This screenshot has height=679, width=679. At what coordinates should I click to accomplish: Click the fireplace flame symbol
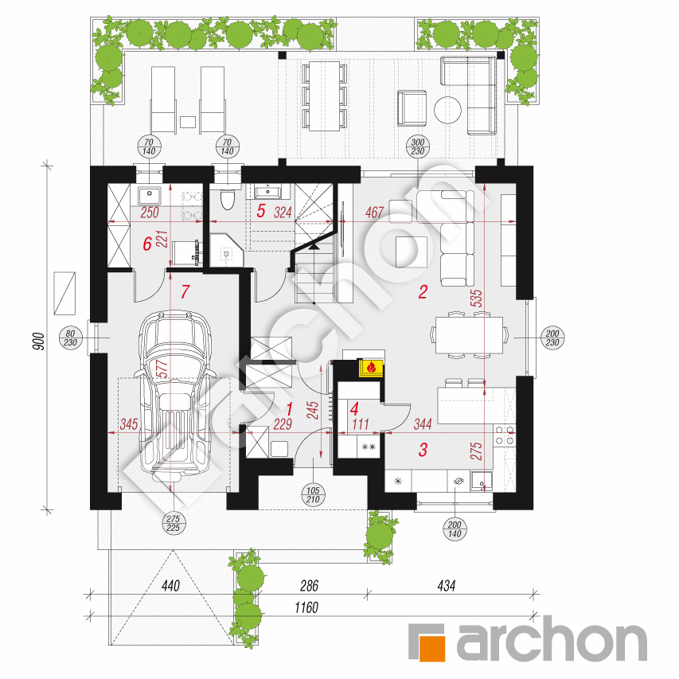371,368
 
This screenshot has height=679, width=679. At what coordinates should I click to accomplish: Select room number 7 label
185,291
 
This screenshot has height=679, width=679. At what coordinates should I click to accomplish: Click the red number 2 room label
423,292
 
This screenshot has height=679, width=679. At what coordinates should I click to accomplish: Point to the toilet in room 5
228,199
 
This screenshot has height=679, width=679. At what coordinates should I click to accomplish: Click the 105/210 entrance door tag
313,495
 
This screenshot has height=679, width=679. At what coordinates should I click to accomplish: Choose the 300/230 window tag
417,146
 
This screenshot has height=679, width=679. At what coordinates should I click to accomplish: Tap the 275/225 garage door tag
173,523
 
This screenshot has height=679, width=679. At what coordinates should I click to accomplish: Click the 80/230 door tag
70,338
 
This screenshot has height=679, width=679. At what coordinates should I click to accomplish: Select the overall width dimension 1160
306,607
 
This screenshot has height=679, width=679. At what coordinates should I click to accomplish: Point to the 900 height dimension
39,341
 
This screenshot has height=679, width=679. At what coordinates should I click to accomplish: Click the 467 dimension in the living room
374,213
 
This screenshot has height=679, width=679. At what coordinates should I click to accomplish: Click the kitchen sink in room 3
481,481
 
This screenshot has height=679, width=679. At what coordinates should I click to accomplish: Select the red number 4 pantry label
354,409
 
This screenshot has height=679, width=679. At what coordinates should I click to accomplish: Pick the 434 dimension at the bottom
447,586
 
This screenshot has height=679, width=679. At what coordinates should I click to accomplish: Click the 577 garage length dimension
162,369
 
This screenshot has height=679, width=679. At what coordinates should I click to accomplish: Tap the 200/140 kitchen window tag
455,529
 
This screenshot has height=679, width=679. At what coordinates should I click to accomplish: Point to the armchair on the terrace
412,108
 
